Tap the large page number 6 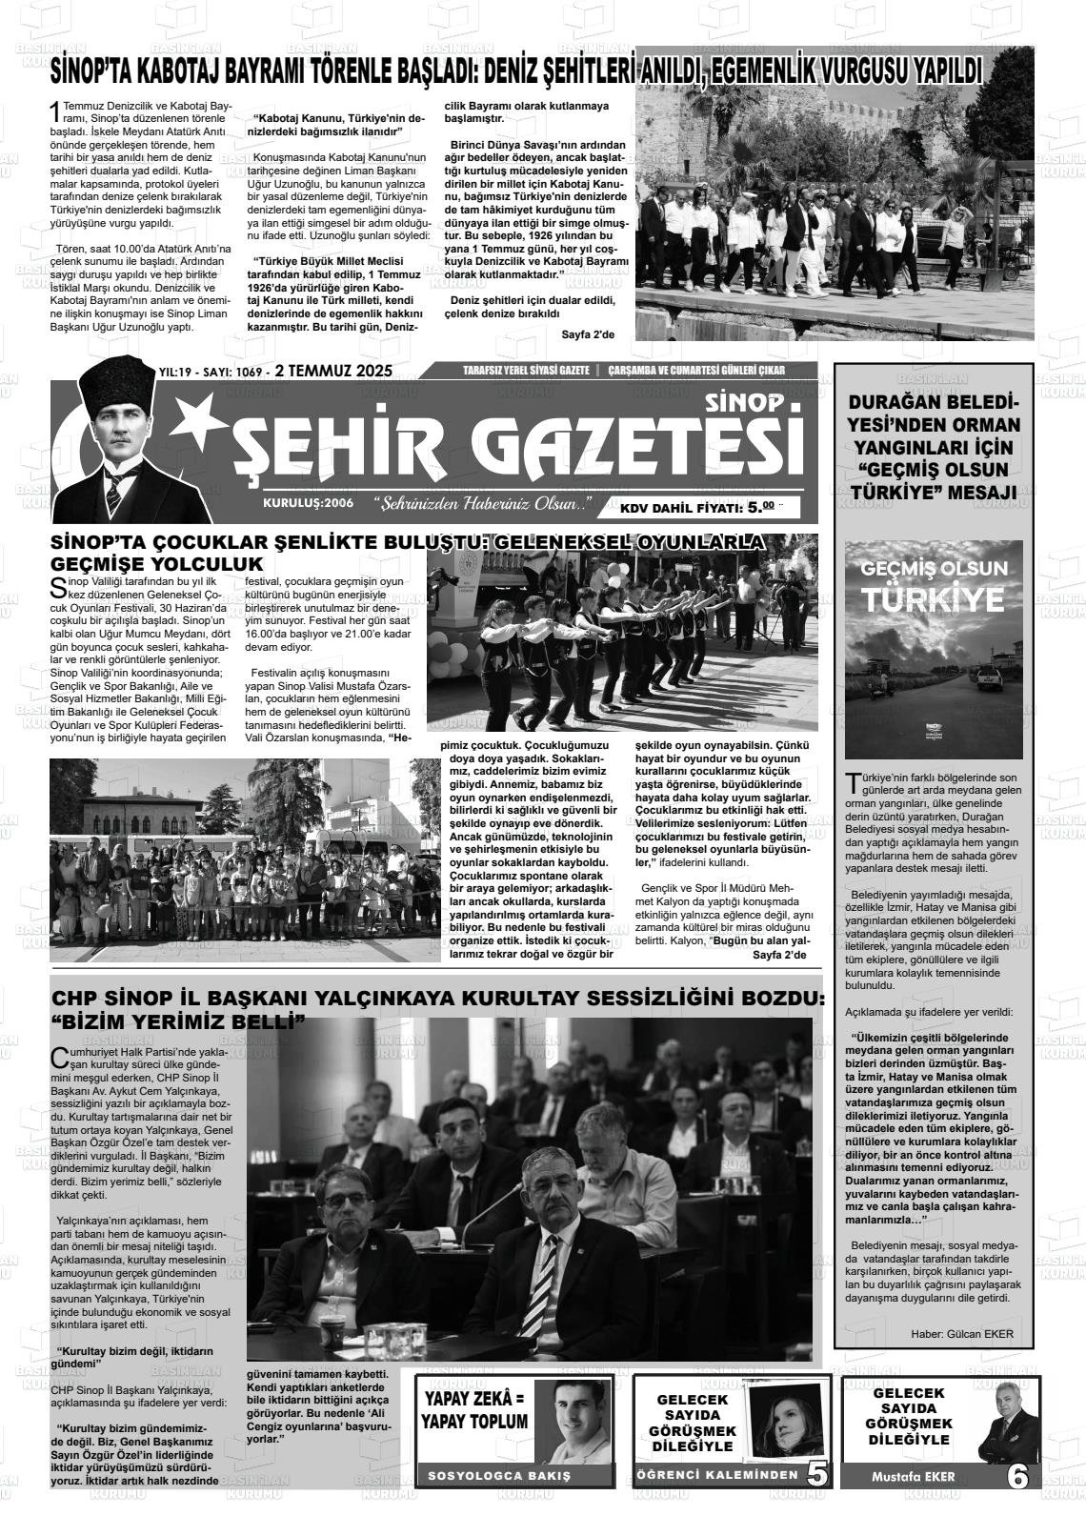[1017, 1476]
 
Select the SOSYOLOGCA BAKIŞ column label [499, 1476]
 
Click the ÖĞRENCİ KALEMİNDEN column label [716, 1476]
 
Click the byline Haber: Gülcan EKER [962, 1333]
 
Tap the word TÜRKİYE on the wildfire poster [934, 599]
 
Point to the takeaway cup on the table [332, 1334]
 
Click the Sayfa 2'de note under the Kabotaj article [589, 334]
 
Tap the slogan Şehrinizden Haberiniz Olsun [482, 503]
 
